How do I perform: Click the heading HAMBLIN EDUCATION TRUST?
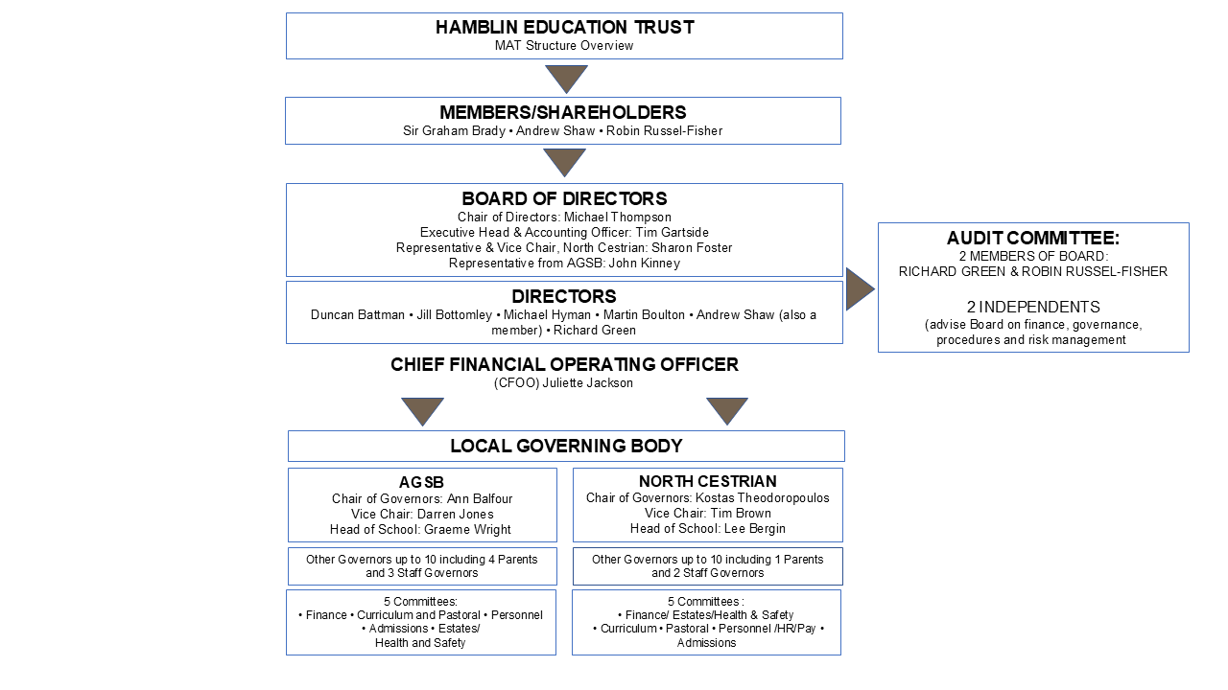[x=565, y=28]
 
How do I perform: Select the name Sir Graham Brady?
[x=454, y=131]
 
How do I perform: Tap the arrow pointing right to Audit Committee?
[x=860, y=288]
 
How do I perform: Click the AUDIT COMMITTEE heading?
[x=1033, y=239]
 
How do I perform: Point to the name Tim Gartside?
[x=673, y=232]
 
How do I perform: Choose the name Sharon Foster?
[x=692, y=247]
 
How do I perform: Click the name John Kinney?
[x=644, y=263]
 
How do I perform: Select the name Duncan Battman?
[x=358, y=315]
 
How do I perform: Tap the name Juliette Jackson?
[x=587, y=382]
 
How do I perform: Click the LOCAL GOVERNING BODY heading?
[x=566, y=446]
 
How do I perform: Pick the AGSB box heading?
[x=421, y=482]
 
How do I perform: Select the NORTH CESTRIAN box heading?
[x=707, y=481]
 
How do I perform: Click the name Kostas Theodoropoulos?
[x=762, y=497]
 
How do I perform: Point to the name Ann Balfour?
[x=479, y=499]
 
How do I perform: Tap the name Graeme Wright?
[x=467, y=530]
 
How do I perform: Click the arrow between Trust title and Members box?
[x=566, y=79]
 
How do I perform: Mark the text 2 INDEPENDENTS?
[x=1033, y=307]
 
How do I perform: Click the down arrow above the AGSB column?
[x=422, y=411]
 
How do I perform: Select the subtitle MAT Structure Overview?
[x=564, y=45]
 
